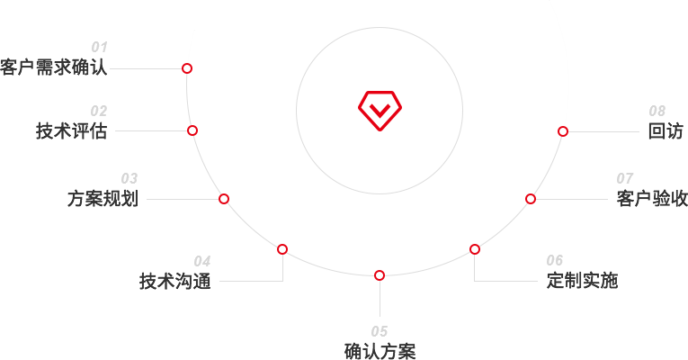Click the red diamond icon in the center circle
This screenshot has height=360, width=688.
point(380,111)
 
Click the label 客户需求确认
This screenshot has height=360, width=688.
point(54,67)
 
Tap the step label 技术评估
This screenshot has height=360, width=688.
point(72,130)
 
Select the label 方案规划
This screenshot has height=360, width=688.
point(103,198)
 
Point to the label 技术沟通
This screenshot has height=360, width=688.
point(175,281)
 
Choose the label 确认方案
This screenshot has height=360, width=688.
point(380,351)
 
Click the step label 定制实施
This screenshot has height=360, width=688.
point(582,281)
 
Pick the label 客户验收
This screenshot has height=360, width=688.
point(652,198)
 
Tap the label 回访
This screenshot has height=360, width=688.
point(666,131)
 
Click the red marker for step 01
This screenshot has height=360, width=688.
point(187,68)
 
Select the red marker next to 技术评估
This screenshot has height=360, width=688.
point(192,130)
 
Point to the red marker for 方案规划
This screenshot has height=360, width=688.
point(224,199)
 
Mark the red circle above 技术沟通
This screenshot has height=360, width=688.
point(282,249)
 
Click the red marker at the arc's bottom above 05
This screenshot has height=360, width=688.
point(380,275)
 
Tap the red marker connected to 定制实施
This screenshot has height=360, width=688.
point(475,249)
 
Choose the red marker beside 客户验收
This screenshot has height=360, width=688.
point(531,199)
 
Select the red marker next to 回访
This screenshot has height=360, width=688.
point(563,131)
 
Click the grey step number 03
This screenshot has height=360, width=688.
point(130,179)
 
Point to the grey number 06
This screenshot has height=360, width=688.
point(555,261)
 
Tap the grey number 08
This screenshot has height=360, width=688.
point(657,111)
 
